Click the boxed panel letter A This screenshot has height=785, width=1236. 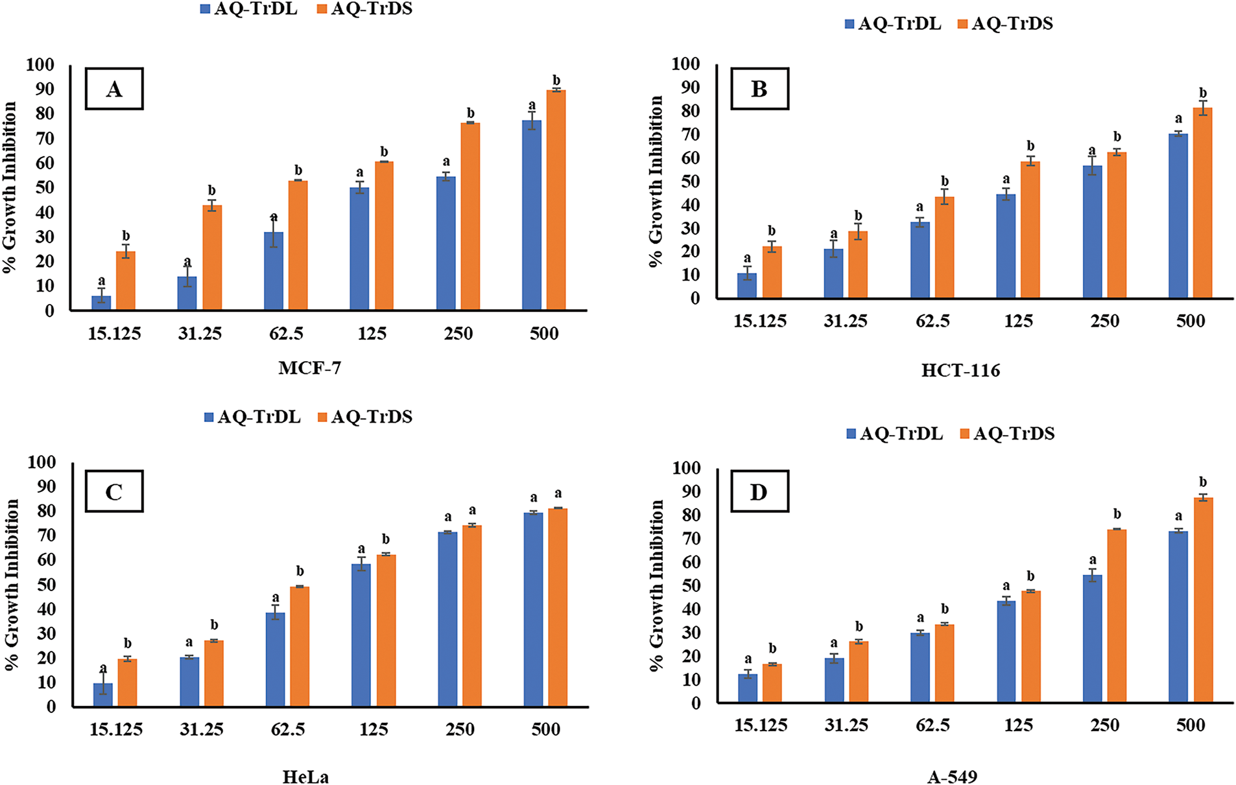click(114, 89)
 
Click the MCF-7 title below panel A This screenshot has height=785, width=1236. click(309, 368)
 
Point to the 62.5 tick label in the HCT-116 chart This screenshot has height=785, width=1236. click(933, 321)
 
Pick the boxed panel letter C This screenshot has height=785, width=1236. click(114, 492)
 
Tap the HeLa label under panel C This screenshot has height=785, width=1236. click(305, 777)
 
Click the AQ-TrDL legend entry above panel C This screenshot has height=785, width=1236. click(252, 417)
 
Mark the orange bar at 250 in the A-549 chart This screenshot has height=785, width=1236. click(1117, 615)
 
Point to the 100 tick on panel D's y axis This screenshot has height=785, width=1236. click(687, 468)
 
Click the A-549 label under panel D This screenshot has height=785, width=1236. click(952, 777)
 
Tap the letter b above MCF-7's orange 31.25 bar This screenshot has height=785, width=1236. click(212, 191)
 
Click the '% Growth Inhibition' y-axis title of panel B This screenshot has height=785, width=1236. click(656, 182)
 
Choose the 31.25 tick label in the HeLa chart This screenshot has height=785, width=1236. click(202, 729)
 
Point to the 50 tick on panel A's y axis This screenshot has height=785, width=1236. click(45, 188)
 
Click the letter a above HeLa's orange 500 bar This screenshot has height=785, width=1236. click(558, 494)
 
